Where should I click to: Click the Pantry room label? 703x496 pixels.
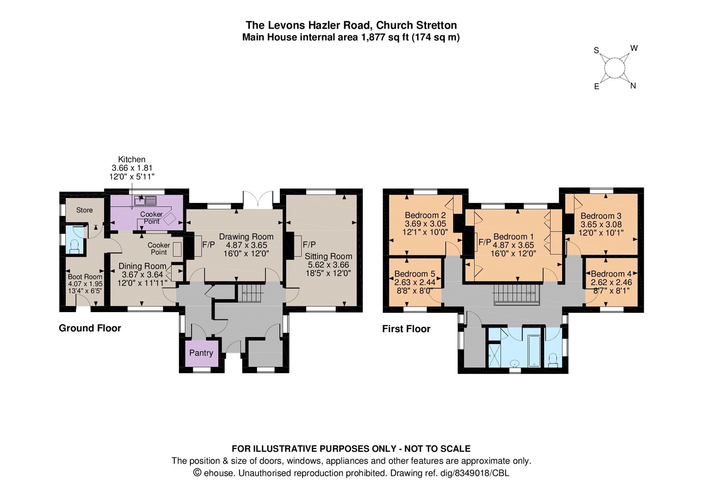(201, 353)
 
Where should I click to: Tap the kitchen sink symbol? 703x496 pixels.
(145, 201)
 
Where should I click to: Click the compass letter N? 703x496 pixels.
(633, 86)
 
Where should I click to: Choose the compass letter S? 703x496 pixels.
(596, 50)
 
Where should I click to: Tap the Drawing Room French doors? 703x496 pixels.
(258, 199)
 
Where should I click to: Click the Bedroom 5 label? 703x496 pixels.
(415, 274)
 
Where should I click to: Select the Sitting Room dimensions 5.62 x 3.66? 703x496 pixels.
(328, 265)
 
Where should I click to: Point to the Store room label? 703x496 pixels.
(84, 210)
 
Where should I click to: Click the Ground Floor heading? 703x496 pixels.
(90, 328)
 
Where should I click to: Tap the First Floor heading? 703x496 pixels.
(406, 329)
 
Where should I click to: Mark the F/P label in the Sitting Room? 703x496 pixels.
(309, 244)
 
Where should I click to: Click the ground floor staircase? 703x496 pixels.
(250, 293)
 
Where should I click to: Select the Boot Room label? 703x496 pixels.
(85, 277)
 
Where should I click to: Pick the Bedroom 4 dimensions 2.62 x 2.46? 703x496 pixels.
(611, 282)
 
